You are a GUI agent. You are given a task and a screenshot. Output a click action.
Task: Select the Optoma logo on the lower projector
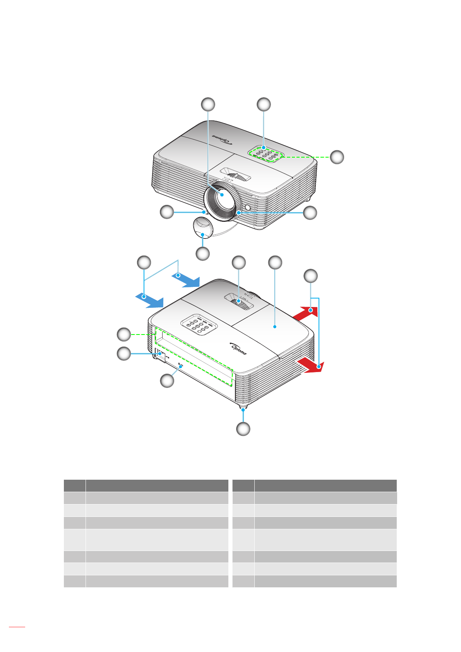click(x=238, y=348)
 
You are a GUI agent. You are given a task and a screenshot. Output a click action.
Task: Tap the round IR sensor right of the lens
click(x=247, y=207)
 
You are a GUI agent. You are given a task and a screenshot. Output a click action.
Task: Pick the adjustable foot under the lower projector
click(x=243, y=408)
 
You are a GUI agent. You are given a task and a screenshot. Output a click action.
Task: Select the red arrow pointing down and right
click(x=311, y=365)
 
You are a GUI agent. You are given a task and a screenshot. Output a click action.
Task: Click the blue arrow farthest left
click(x=150, y=300)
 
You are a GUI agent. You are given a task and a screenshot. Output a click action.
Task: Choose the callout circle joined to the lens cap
click(x=202, y=254)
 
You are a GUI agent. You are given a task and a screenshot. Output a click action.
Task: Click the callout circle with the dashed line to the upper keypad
click(x=337, y=157)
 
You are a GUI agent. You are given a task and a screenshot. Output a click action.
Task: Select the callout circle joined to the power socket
click(x=124, y=353)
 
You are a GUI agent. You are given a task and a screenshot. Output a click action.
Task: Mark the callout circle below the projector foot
click(x=243, y=429)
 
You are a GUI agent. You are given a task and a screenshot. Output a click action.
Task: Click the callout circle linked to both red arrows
click(x=310, y=276)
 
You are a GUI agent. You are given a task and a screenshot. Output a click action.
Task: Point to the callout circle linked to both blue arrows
click(x=144, y=263)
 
